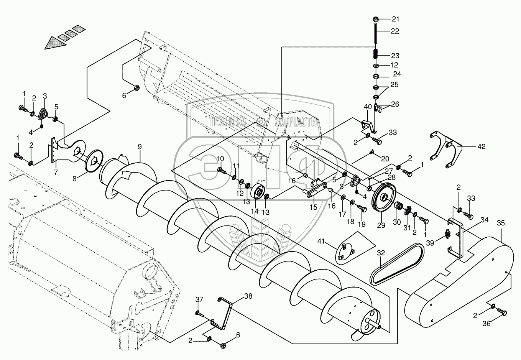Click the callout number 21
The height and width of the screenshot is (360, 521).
pyautogui.click(x=394, y=19)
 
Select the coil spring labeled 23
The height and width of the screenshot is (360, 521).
pyautogui.click(x=376, y=54)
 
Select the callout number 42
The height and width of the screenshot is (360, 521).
pyautogui.click(x=481, y=146)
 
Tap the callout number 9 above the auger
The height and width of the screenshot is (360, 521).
pyautogui.click(x=140, y=146)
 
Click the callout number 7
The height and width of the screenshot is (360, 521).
pyautogui.click(x=56, y=172)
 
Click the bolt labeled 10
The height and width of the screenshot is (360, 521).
pyautogui.click(x=222, y=170)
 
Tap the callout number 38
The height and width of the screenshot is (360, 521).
pyautogui.click(x=248, y=296)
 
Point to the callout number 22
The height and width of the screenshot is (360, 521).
pyautogui.click(x=394, y=31)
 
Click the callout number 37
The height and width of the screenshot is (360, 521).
pyautogui.click(x=199, y=299)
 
